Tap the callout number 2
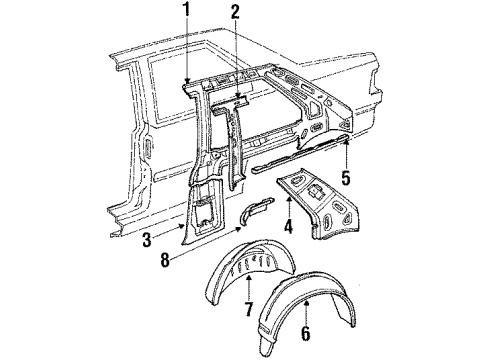click(x=234, y=12)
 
